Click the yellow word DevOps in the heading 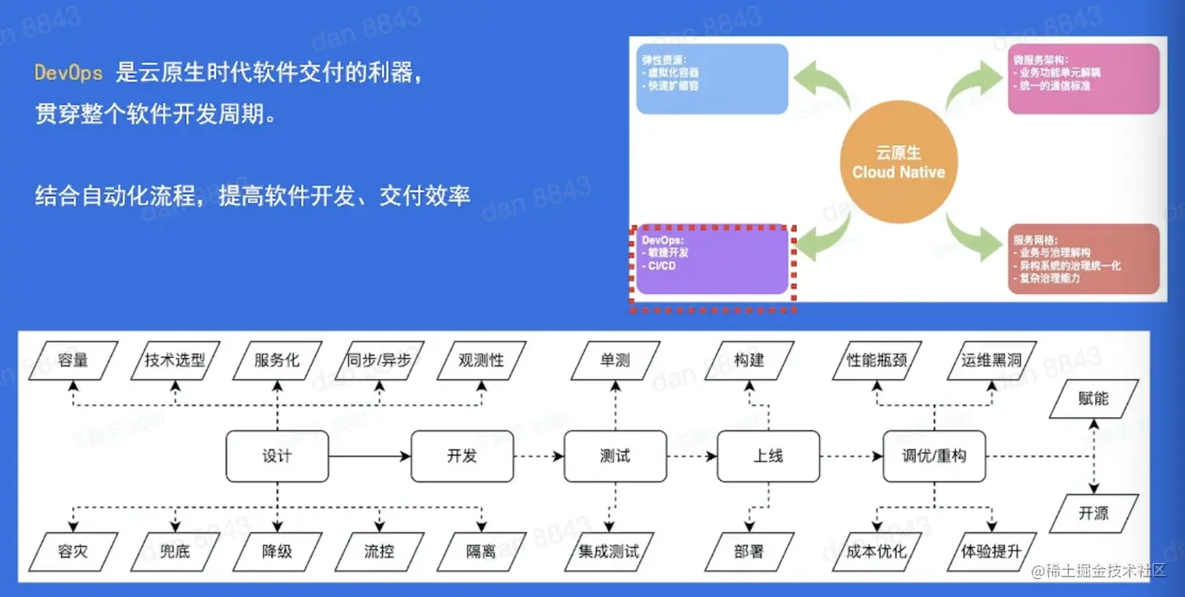point(68,72)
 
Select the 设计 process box point(277,456)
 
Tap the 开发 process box point(462,456)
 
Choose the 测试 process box point(615,456)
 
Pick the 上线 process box point(768,456)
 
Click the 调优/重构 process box point(934,456)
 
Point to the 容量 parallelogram point(73,361)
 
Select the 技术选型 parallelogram point(175,361)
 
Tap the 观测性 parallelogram point(481,361)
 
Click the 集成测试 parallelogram point(609,551)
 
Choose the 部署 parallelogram point(749,551)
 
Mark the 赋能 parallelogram point(1093,399)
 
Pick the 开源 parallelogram point(1093,514)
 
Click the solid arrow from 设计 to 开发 point(369,457)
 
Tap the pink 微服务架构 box point(1084,79)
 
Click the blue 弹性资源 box point(712,79)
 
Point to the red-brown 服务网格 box point(1084,259)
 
